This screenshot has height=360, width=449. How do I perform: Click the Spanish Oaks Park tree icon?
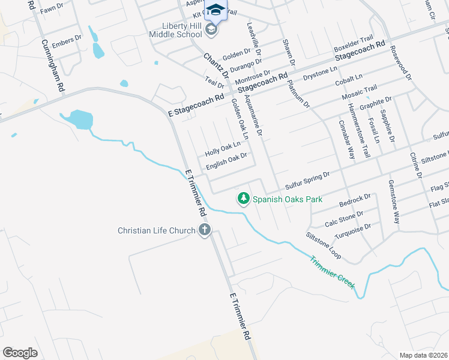tap(243, 198)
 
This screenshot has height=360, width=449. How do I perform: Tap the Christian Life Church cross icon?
tap(205, 229)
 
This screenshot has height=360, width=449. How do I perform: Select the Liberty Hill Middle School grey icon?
tap(211, 29)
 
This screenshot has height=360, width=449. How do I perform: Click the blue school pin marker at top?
tap(215, 11)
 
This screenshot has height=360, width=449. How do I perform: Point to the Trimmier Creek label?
tap(332, 271)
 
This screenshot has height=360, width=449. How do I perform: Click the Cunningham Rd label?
tap(53, 65)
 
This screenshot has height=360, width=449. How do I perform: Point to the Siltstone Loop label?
tap(324, 246)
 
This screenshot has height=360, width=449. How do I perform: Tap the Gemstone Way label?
tap(393, 202)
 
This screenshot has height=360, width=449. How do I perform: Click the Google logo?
tap(20, 352)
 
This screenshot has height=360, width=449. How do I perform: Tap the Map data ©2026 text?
tap(423, 355)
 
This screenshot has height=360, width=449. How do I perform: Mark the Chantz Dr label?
tap(216, 66)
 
